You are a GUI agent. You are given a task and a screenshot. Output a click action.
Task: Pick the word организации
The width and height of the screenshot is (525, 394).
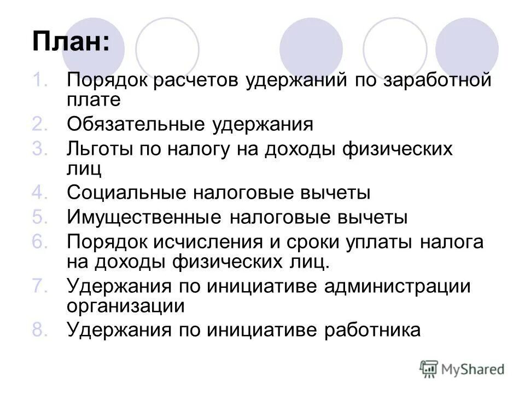click(x=126, y=305)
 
